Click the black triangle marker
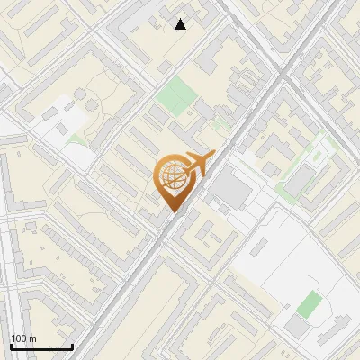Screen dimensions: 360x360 point(181,24)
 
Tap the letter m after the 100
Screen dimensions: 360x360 point(34,338)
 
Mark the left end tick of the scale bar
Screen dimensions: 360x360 point(11,346)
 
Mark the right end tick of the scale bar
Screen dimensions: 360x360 point(72,346)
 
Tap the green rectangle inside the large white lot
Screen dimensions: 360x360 point(309,303)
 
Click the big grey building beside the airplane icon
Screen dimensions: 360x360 point(234,190)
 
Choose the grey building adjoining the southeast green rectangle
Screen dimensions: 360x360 point(298,325)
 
